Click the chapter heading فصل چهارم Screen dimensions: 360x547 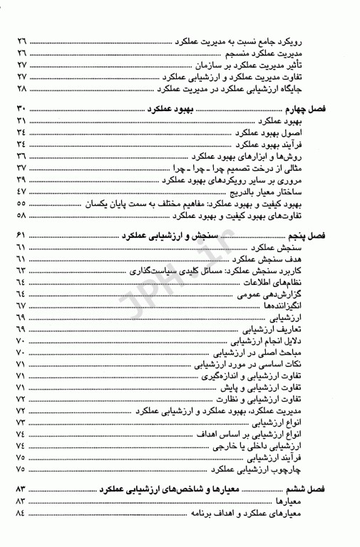pos(326,110)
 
